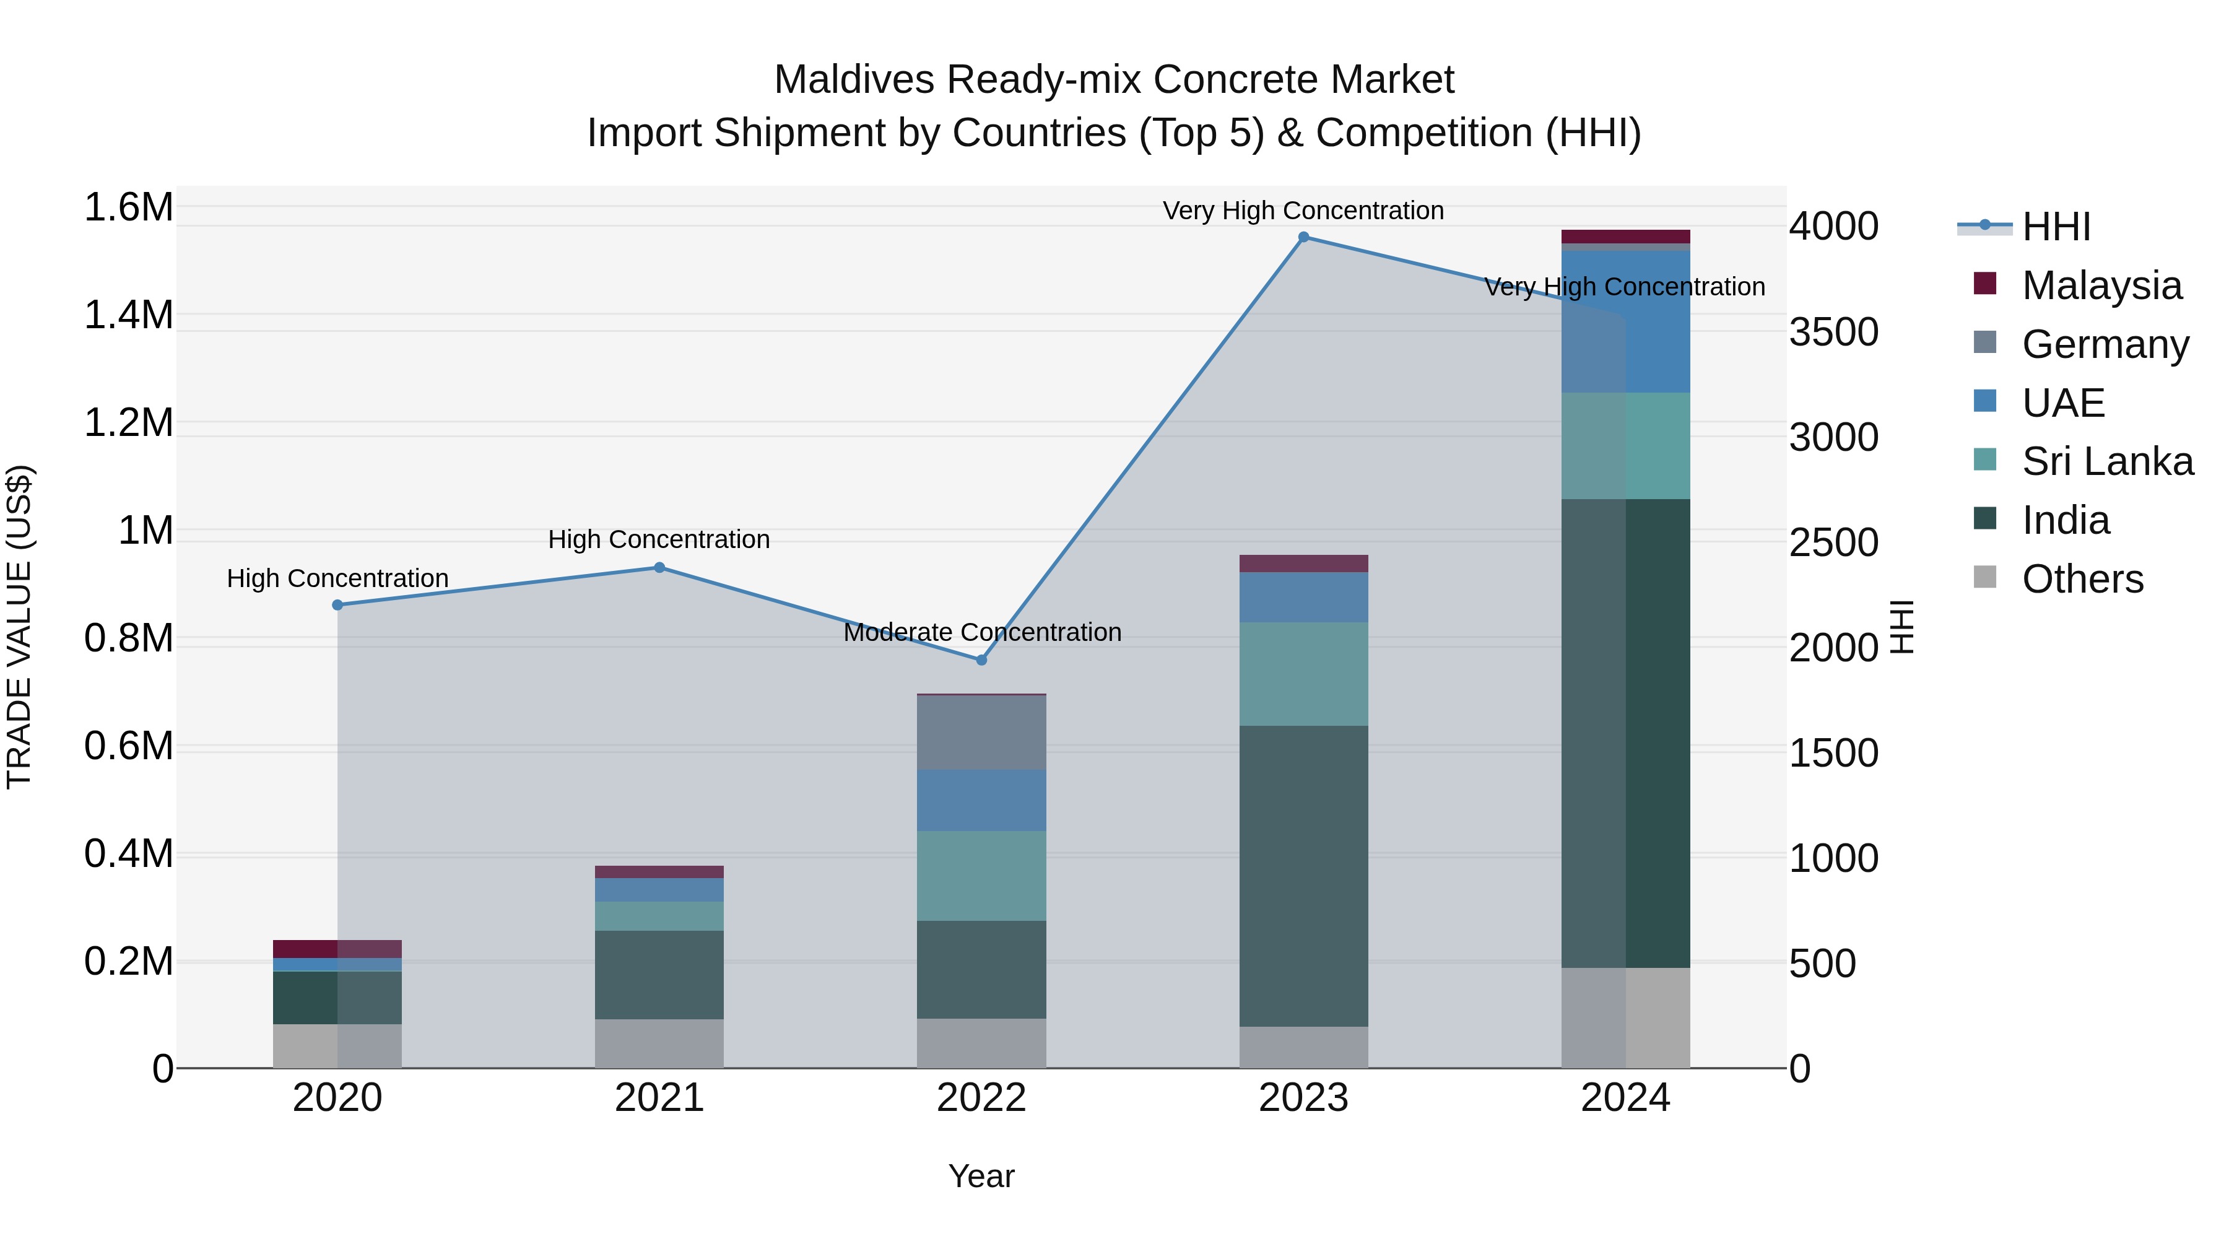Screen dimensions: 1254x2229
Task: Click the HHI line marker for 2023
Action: point(1303,237)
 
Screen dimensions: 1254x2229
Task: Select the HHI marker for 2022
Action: point(981,660)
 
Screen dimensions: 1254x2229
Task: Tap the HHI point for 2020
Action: point(337,605)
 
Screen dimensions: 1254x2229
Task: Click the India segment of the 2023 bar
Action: point(1303,876)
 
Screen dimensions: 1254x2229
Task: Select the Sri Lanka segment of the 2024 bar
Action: point(1625,446)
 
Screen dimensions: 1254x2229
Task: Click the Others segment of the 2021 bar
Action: point(659,1043)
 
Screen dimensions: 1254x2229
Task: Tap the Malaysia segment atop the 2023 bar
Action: point(1303,564)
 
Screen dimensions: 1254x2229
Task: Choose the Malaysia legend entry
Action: point(2101,285)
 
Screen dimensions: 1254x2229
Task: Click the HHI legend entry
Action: point(2055,227)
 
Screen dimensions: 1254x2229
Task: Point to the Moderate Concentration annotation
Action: point(982,633)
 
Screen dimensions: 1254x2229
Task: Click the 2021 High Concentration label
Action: point(659,540)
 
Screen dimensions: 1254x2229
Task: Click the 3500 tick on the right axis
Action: point(1833,333)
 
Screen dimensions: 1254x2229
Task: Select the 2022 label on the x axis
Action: point(981,1098)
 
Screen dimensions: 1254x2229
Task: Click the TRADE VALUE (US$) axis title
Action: point(19,627)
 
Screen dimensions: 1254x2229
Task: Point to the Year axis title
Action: point(981,1176)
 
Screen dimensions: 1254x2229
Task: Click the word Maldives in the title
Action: point(853,80)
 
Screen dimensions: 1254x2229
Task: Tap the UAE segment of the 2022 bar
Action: point(981,801)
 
